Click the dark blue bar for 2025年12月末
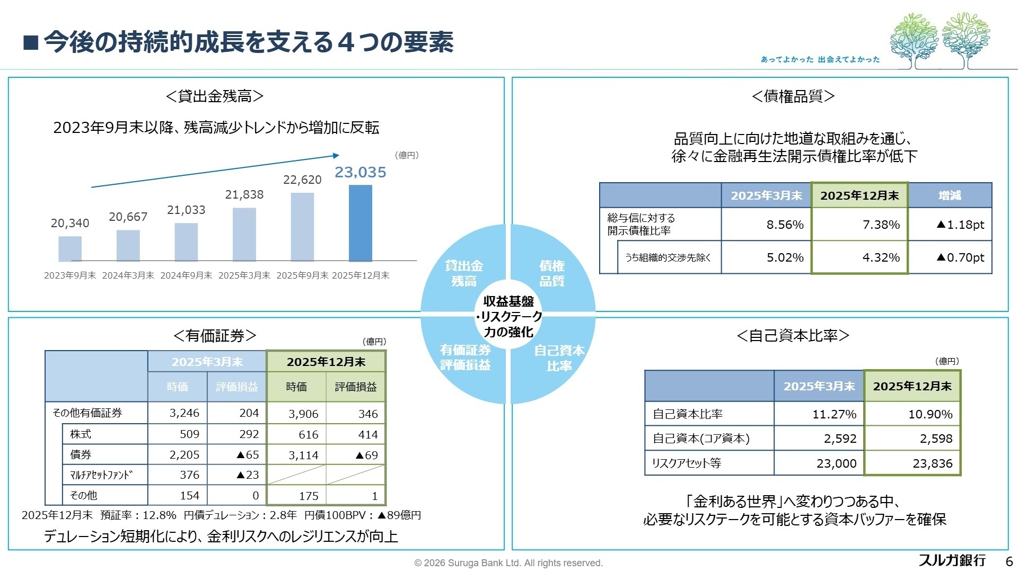pyautogui.click(x=361, y=223)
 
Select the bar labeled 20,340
pyautogui.click(x=70, y=248)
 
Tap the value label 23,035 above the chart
pyautogui.click(x=361, y=172)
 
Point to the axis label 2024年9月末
pyautogui.click(x=186, y=275)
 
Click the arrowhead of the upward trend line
pyautogui.click(x=336, y=155)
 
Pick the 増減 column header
pyautogui.click(x=949, y=195)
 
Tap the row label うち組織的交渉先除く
pyautogui.click(x=668, y=257)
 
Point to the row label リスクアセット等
pyautogui.click(x=686, y=463)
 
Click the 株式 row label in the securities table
pyautogui.click(x=81, y=434)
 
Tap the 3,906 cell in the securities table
pyautogui.click(x=303, y=414)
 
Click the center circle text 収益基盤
pyautogui.click(x=508, y=301)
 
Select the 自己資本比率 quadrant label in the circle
pyautogui.click(x=559, y=358)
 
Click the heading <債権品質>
pyautogui.click(x=793, y=96)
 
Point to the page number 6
pyautogui.click(x=1008, y=561)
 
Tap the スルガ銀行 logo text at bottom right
pyautogui.click(x=952, y=560)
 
